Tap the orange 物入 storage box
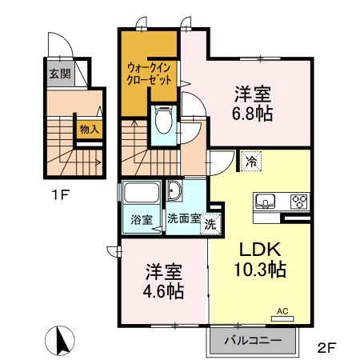[x=88, y=129]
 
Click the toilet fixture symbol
[x=163, y=121]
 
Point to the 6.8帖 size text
[x=253, y=113]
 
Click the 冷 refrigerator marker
[x=251, y=161]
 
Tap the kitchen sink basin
[x=266, y=200]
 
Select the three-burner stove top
[x=298, y=200]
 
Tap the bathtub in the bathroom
[x=142, y=194]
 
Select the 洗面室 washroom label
[x=183, y=218]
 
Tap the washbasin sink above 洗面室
[x=175, y=193]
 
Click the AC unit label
[x=282, y=310]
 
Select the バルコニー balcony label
[x=252, y=341]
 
